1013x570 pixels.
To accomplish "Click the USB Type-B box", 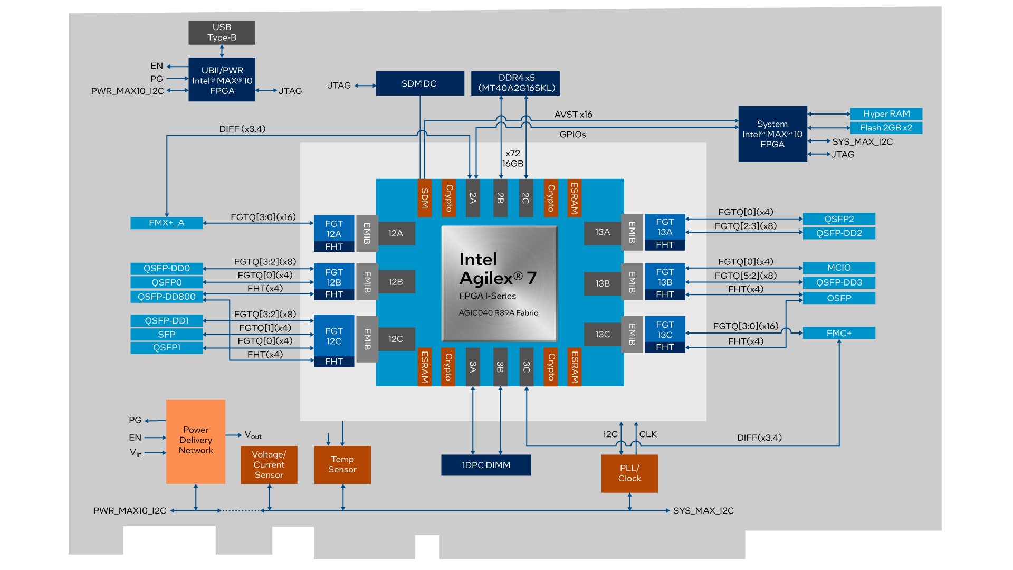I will pos(222,33).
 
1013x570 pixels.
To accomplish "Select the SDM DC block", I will pos(419,83).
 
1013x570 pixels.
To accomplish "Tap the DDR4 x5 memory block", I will pos(515,83).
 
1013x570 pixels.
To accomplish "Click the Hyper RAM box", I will pos(886,114).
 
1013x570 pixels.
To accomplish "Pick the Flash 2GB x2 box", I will pos(886,128).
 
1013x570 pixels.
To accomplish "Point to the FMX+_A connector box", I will pos(166,223).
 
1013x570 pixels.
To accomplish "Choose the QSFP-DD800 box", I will pos(166,297).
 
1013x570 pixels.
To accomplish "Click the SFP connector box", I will pos(166,335).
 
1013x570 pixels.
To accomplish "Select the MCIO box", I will pos(839,268).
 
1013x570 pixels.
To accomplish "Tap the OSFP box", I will pos(839,298).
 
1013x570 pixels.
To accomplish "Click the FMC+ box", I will pos(839,333).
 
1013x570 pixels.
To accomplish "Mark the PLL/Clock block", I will pos(629,473).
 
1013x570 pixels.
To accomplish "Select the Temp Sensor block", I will pos(342,464).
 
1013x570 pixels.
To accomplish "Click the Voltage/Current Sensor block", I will pos(269,464).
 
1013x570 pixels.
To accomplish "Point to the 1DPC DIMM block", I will pos(486,465).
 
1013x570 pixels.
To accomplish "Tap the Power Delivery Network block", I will pos(196,441).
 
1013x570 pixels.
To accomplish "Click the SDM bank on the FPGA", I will pos(424,198).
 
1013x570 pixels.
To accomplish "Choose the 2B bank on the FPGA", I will pos(500,198).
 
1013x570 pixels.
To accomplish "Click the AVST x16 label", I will pos(573,115).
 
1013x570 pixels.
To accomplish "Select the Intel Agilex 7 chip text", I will pos(498,269).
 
